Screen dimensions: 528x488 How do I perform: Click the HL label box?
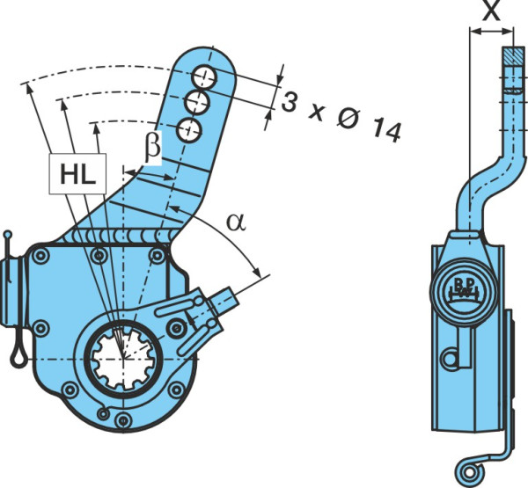77,174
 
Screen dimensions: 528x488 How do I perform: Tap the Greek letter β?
153,146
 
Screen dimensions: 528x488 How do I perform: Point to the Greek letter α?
237,222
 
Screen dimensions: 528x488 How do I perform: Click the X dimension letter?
491,11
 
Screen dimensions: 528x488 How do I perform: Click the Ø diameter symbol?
348,118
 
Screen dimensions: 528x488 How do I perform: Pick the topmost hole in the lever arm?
204,77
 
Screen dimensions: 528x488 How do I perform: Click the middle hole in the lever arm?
198,102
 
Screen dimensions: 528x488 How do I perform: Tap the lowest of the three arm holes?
189,131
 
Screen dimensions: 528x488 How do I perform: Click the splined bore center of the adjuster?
123,359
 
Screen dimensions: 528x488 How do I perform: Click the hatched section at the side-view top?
514,56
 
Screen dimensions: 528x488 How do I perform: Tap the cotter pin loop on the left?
19,353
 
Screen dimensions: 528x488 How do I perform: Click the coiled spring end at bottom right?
469,472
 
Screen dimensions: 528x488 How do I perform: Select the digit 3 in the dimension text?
289,102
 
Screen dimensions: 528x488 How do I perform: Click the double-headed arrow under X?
491,32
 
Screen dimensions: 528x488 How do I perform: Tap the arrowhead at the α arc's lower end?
257,272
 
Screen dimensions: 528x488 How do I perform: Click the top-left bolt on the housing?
40,256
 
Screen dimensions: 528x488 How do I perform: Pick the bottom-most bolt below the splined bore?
123,419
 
